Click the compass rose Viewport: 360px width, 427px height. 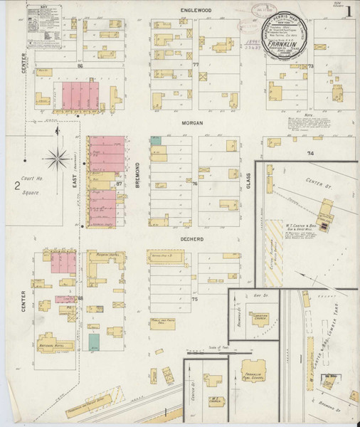pyautogui.click(x=60, y=156)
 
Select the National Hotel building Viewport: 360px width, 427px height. pyautogui.click(x=53, y=347)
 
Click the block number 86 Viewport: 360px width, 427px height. pyautogui.click(x=80, y=65)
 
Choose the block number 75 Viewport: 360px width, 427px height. pyautogui.click(x=194, y=299)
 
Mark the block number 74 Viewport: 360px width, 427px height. pyautogui.click(x=310, y=154)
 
